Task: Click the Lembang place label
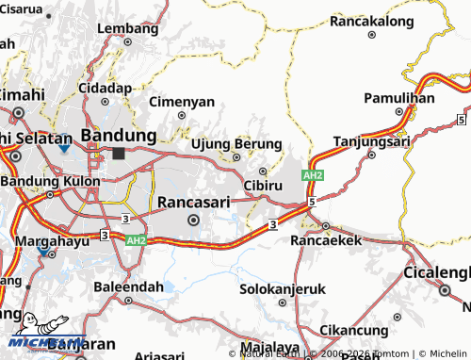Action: (x=127, y=28)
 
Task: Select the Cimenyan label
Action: (x=181, y=101)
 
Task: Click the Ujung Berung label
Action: (x=235, y=143)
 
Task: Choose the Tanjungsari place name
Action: (x=371, y=143)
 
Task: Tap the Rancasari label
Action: (x=193, y=202)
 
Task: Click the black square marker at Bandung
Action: (x=118, y=152)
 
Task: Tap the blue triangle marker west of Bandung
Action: (x=62, y=148)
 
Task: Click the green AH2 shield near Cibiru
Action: (x=313, y=176)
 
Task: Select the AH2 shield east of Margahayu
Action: (x=135, y=241)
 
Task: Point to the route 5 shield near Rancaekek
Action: (x=310, y=201)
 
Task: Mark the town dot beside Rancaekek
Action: (x=325, y=226)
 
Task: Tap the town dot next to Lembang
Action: (x=127, y=42)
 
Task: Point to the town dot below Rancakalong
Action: (x=371, y=34)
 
